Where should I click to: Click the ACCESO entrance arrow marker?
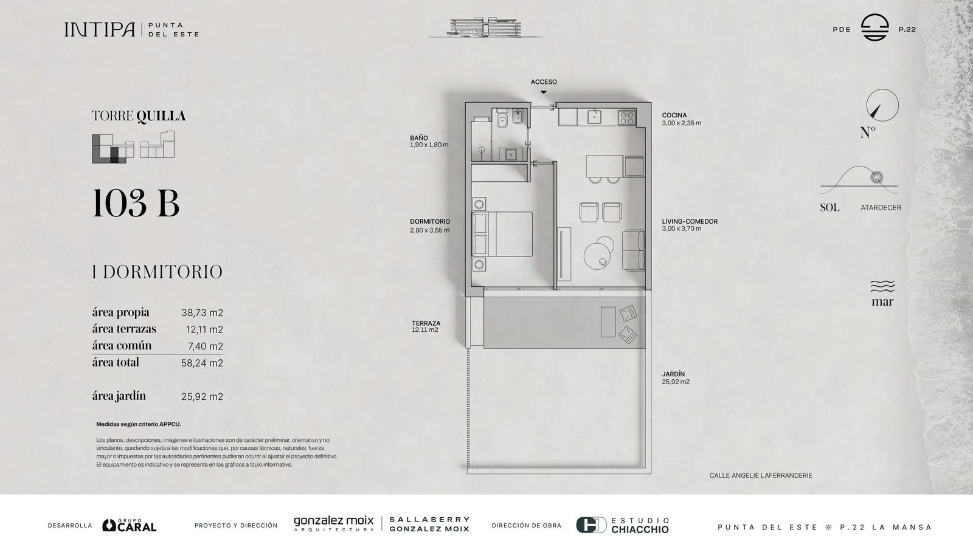click(x=544, y=92)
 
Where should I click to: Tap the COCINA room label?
click(x=674, y=115)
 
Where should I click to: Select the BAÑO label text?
click(x=419, y=138)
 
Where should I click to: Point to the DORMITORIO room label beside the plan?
click(x=430, y=221)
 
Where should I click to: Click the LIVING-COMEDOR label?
click(x=690, y=221)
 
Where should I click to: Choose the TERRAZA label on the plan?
click(x=426, y=323)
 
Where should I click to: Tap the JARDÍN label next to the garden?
click(x=673, y=374)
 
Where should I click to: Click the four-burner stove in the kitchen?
click(x=627, y=118)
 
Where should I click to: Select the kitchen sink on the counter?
click(x=594, y=117)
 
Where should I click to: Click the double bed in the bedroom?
click(x=502, y=235)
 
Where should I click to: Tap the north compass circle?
click(x=882, y=105)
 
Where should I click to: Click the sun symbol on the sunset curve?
click(x=877, y=177)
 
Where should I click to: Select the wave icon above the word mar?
click(x=882, y=286)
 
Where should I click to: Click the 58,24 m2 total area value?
click(x=202, y=363)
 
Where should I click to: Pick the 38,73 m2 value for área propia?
click(x=202, y=312)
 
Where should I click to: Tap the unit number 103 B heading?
click(x=136, y=203)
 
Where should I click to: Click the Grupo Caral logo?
click(x=130, y=525)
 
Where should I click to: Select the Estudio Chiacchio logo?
click(x=623, y=525)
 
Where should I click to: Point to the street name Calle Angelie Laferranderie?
click(x=761, y=475)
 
